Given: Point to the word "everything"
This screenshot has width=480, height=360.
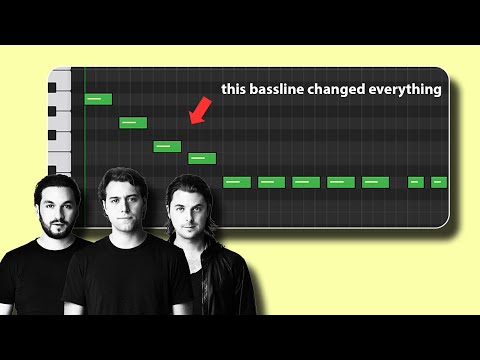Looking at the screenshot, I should coord(410,89).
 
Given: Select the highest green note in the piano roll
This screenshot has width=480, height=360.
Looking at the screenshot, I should coord(98,99).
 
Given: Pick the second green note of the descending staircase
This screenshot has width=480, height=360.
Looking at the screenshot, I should coord(133,123).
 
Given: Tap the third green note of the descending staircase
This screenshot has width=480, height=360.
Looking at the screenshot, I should coord(167,146).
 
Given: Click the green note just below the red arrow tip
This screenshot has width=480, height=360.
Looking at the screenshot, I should coord(202,158).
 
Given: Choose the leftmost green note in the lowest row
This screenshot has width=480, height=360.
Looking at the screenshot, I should coord(236,182).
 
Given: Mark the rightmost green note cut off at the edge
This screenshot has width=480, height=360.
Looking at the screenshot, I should coord(437,182).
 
